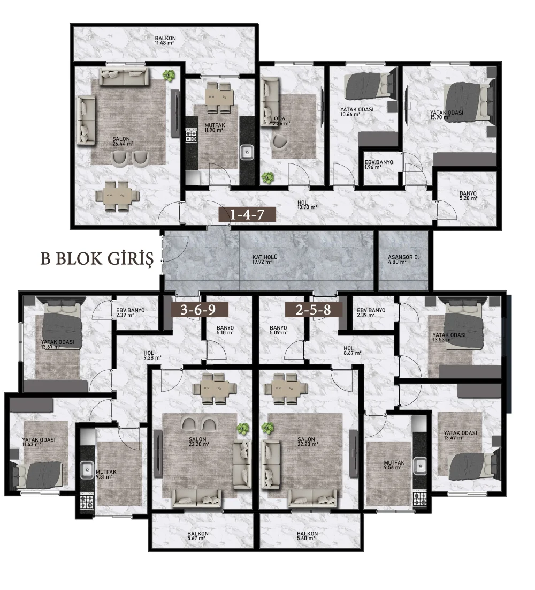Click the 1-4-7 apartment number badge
pyautogui.click(x=247, y=214)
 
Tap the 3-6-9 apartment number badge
pyautogui.click(x=200, y=309)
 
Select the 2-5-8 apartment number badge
pyautogui.click(x=314, y=309)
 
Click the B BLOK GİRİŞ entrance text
pyautogui.click(x=97, y=259)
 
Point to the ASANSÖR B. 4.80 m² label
pyautogui.click(x=403, y=259)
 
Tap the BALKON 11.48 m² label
pyautogui.click(x=165, y=40)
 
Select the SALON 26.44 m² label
pyautogui.click(x=123, y=141)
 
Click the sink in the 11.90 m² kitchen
pyautogui.click(x=247, y=152)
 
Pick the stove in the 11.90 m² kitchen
pyautogui.click(x=191, y=136)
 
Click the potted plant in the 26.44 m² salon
pyautogui.click(x=169, y=76)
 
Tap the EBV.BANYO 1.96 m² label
pyautogui.click(x=379, y=165)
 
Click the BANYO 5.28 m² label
pyautogui.click(x=468, y=196)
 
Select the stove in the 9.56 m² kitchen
pyautogui.click(x=419, y=499)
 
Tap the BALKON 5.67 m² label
pyautogui.click(x=197, y=536)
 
